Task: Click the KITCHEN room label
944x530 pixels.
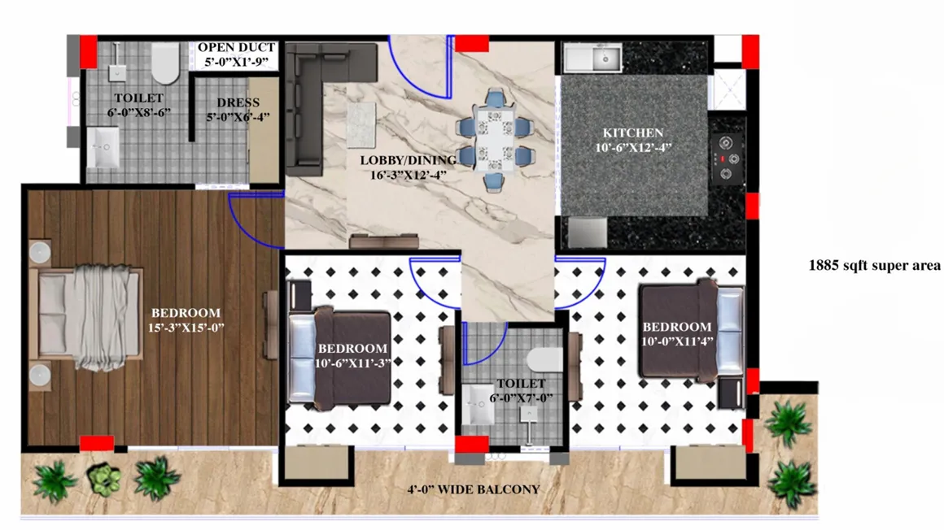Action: click(x=632, y=132)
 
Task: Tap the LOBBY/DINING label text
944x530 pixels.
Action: click(x=404, y=160)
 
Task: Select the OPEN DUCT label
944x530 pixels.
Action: click(x=237, y=47)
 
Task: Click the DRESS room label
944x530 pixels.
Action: click(x=238, y=102)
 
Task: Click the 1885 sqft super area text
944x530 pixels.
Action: click(x=874, y=265)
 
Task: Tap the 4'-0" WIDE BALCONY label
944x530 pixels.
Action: click(x=474, y=489)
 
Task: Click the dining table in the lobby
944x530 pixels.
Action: click(x=494, y=140)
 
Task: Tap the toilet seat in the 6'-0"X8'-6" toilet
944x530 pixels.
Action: click(x=165, y=63)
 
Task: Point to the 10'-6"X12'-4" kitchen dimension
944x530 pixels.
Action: click(x=632, y=147)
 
